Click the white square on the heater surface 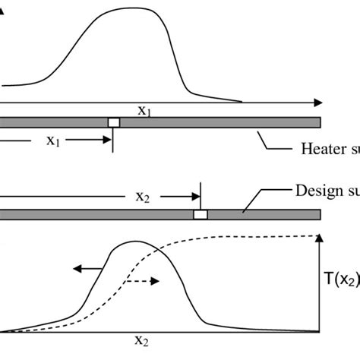[x=114, y=122]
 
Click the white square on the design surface [x=201, y=215]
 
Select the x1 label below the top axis [x=144, y=110]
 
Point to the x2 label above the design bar [x=144, y=196]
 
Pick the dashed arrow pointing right [x=144, y=280]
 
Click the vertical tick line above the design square [x=201, y=196]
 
